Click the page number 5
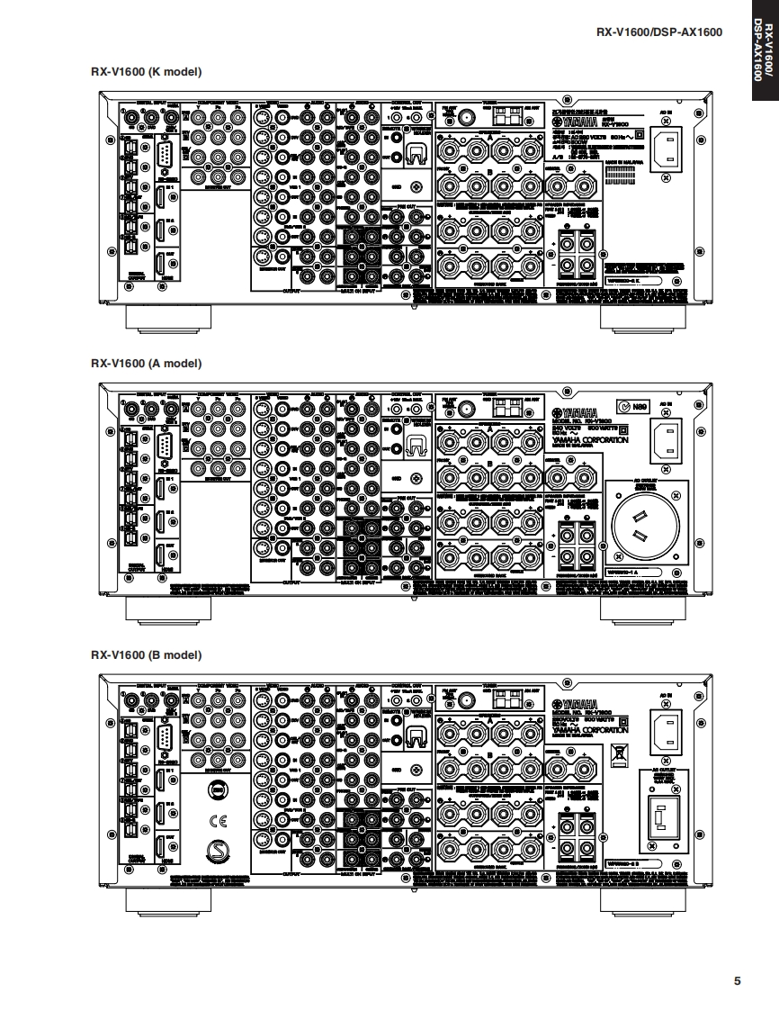coord(738,980)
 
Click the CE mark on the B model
coord(217,820)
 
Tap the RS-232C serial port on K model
coord(166,163)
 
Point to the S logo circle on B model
coord(217,851)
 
